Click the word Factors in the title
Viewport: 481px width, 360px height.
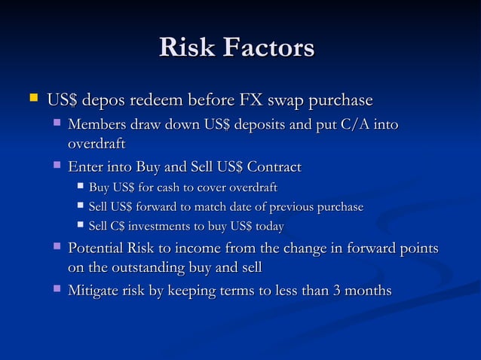click(268, 48)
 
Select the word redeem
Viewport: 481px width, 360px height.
click(164, 100)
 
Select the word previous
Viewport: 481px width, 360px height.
click(277, 206)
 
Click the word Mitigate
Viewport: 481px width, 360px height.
click(96, 290)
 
